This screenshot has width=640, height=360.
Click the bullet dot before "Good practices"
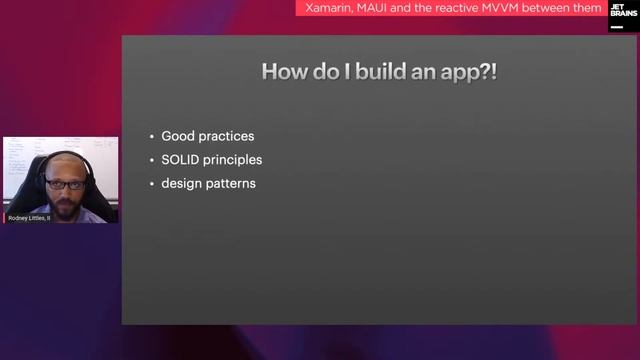point(151,135)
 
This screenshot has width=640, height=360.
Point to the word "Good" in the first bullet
point(178,135)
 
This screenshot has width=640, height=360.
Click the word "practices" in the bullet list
point(227,135)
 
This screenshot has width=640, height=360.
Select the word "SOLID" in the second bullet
point(182,159)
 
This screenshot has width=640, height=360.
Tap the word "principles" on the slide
point(235,159)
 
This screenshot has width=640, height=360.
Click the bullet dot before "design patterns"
point(151,184)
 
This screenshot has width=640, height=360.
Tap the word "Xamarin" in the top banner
point(330,8)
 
